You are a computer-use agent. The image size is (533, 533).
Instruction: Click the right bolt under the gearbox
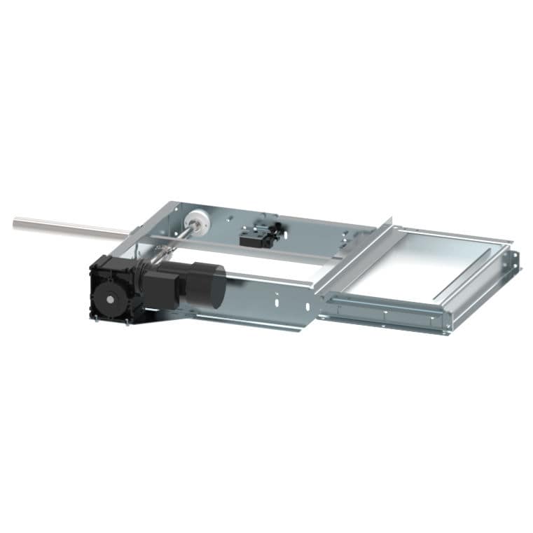click(x=126, y=323)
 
